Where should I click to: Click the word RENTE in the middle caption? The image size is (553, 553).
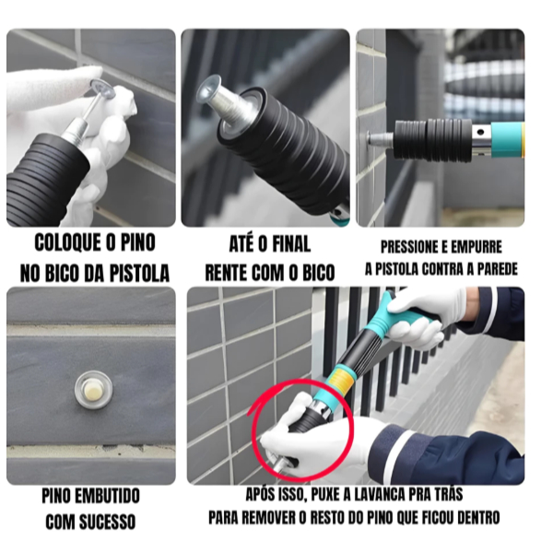coord(227,273)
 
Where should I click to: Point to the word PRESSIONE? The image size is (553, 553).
coord(408,247)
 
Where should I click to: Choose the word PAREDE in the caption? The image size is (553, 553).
coord(497,269)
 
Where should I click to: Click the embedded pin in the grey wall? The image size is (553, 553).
coord(93,389)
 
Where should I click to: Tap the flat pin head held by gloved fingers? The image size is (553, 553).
coord(102,88)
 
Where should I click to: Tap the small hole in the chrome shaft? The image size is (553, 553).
coord(480,133)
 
